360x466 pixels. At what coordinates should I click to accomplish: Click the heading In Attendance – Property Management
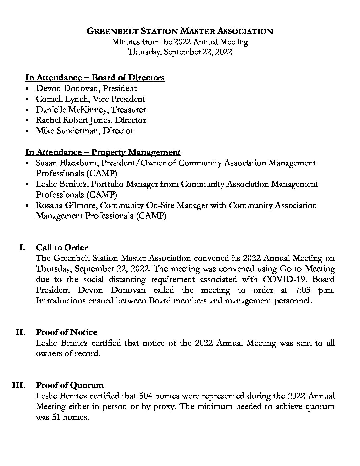[103, 152]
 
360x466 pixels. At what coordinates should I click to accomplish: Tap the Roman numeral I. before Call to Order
[22, 248]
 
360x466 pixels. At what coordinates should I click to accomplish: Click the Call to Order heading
[62, 248]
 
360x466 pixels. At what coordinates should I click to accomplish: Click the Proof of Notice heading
[67, 332]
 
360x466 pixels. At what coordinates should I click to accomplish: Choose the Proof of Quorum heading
[70, 385]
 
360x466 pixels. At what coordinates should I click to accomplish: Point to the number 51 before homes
[55, 417]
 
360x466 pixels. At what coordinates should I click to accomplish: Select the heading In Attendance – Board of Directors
[95, 78]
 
